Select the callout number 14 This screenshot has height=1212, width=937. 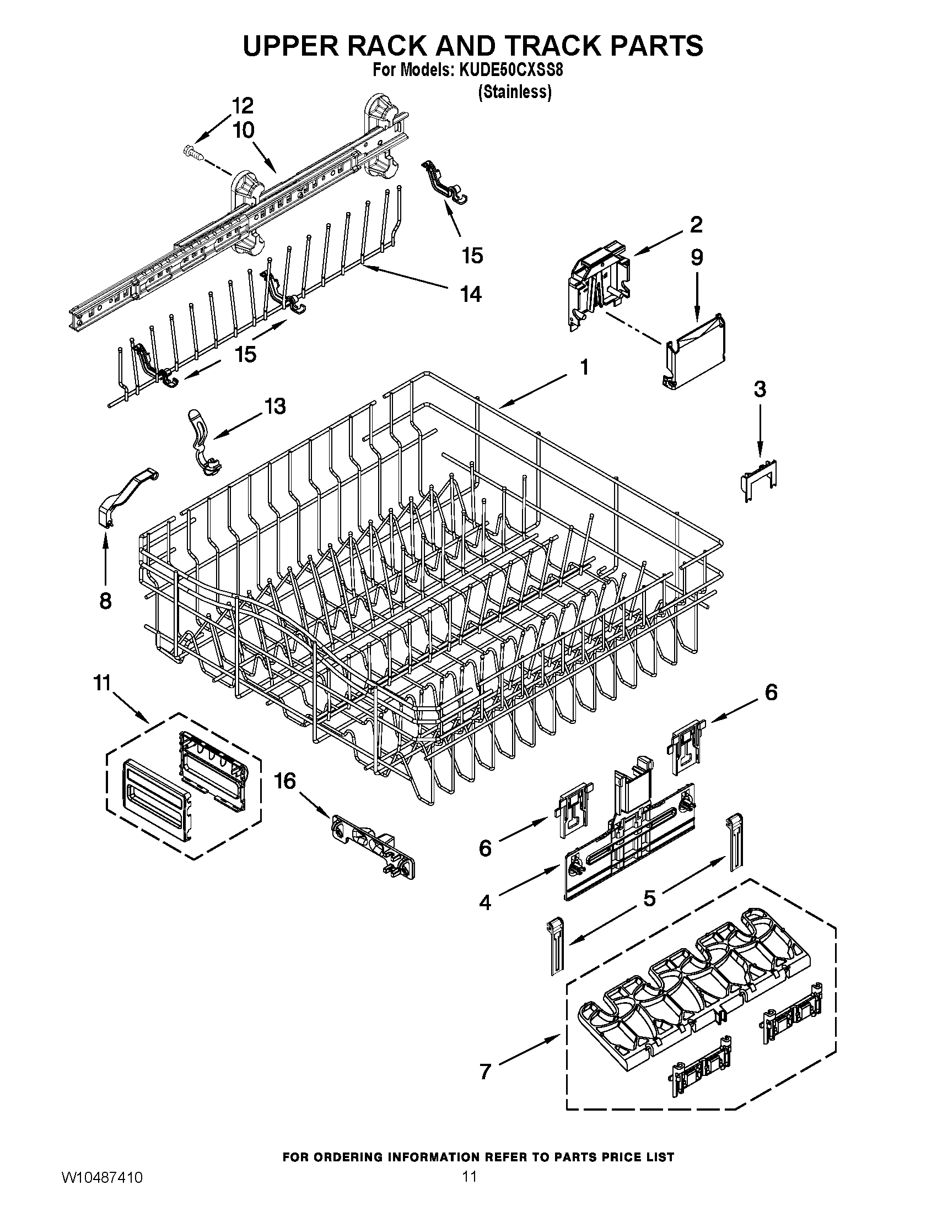[470, 294]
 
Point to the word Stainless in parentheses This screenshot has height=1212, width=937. [515, 91]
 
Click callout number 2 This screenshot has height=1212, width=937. [696, 224]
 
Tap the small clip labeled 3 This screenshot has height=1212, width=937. [760, 479]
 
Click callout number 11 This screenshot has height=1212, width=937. [102, 683]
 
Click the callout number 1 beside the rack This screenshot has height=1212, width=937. [583, 367]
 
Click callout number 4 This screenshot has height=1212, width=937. [485, 903]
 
